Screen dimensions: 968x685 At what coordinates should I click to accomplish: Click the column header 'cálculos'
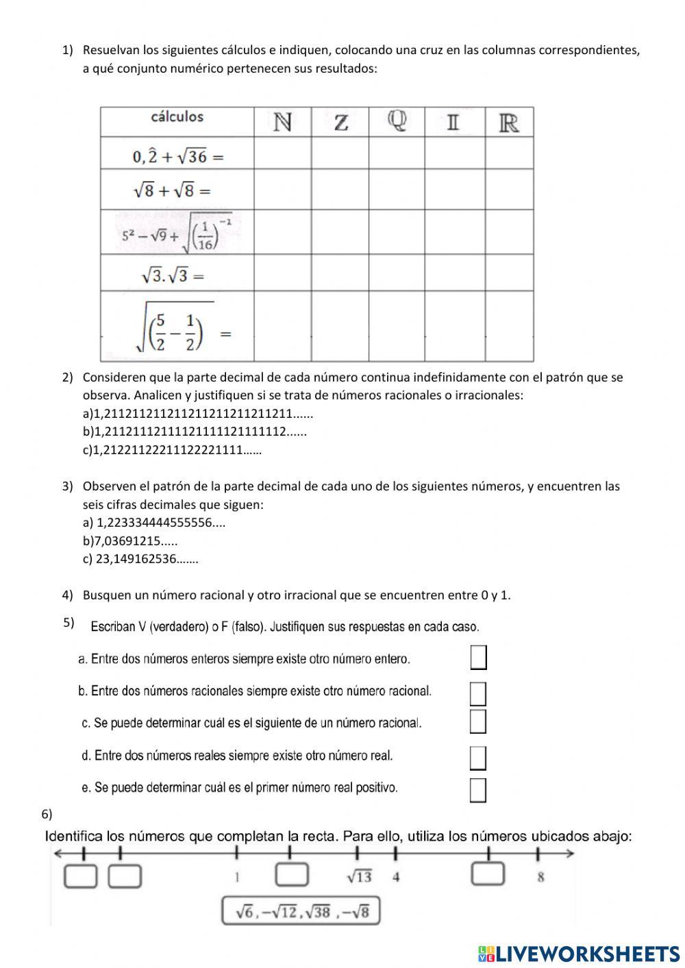coord(177,117)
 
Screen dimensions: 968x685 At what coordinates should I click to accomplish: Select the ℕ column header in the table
coord(282,123)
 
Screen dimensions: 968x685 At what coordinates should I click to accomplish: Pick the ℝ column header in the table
coord(509,123)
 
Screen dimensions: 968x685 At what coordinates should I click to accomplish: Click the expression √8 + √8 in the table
coord(172,190)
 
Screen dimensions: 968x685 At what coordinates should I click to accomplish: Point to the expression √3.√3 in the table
coord(173,275)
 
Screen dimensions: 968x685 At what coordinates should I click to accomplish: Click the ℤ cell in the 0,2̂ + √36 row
coord(340,153)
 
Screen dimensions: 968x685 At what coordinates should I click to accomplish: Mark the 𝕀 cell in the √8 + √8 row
coord(455,190)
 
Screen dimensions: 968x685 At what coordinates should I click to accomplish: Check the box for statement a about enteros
coord(478,658)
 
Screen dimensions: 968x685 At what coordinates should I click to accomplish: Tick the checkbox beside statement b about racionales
coord(478,693)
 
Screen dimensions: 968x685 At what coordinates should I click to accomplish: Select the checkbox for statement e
coord(478,790)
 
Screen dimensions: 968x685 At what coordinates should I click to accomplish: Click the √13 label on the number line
coord(359,877)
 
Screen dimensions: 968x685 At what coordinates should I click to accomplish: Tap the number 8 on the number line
coord(540,877)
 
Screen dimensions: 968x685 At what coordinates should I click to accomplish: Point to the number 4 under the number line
coord(396,877)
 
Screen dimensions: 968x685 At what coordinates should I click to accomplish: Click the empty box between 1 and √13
coord(292,875)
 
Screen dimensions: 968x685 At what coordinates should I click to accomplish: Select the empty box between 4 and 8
coord(488,874)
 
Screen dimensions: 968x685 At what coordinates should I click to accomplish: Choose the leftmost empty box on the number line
coord(80,876)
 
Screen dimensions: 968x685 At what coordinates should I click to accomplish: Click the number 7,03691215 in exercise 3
coord(127,541)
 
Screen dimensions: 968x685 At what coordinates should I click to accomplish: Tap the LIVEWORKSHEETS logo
coord(578,954)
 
